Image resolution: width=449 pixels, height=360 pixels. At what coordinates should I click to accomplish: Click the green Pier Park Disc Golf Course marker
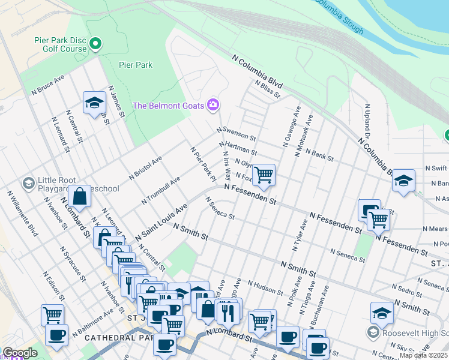click(x=95, y=43)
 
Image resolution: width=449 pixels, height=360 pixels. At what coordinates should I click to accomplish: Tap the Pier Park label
click(x=135, y=65)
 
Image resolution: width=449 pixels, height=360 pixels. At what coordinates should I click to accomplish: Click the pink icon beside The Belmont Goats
click(x=212, y=106)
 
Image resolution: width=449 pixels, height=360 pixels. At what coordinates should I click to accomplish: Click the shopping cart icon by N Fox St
click(x=264, y=175)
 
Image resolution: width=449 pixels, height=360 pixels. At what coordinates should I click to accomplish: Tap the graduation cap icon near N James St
click(x=94, y=103)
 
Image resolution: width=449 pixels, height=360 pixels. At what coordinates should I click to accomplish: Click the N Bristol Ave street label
click(x=145, y=169)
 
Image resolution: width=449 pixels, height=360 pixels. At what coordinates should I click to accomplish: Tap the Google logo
click(x=20, y=353)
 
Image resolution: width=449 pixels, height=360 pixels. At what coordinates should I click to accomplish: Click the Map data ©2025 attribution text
click(x=424, y=355)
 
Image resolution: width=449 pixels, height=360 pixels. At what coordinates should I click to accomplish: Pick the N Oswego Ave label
click(x=289, y=126)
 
